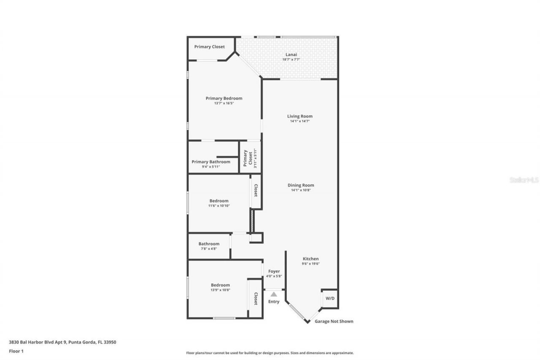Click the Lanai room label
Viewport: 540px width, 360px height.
(x=291, y=54)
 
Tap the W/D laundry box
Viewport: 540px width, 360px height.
(x=329, y=299)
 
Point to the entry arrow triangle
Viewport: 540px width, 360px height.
(x=274, y=294)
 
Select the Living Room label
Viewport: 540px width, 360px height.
(x=300, y=116)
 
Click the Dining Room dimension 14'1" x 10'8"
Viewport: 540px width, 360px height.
(x=300, y=190)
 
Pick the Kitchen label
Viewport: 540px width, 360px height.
(x=310, y=259)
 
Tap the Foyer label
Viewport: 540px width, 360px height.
(x=274, y=271)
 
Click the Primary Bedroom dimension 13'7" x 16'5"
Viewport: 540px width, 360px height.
(x=224, y=103)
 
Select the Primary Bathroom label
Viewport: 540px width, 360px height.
(x=211, y=162)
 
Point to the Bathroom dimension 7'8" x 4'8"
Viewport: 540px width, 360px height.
(x=209, y=249)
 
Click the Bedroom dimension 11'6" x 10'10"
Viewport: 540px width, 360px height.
(x=219, y=206)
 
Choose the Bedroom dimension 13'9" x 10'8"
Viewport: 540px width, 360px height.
(x=220, y=290)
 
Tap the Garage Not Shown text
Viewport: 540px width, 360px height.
(x=334, y=321)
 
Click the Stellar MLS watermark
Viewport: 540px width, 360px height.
(x=524, y=180)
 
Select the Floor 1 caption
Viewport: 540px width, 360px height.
(x=16, y=351)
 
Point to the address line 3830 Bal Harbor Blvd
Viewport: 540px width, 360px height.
(x=62, y=342)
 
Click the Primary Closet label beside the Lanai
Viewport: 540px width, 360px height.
(x=209, y=46)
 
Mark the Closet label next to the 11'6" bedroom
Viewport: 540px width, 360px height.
(x=256, y=190)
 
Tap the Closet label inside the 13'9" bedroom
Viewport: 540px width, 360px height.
(x=256, y=299)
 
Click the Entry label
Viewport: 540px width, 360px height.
(x=274, y=301)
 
